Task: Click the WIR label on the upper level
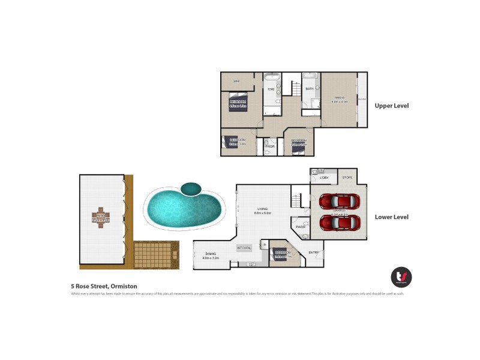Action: point(237,80)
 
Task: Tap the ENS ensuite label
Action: point(271,89)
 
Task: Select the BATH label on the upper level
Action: point(310,89)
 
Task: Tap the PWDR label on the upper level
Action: point(270,146)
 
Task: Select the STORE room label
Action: point(347,177)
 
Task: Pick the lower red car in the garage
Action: point(340,222)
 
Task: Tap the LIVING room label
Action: point(263,209)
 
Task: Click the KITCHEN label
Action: point(244,248)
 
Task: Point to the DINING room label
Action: point(211,255)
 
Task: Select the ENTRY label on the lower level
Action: point(313,253)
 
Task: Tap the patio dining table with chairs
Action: point(101,217)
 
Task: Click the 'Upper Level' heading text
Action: point(391,106)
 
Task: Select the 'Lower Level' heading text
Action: point(391,217)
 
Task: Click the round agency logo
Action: point(401,277)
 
